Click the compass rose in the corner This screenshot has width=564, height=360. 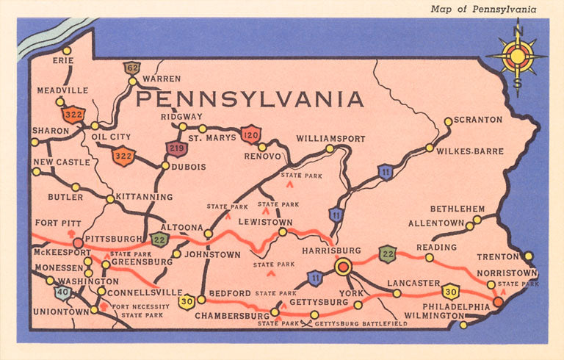click(518, 56)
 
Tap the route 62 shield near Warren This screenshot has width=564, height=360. click(132, 68)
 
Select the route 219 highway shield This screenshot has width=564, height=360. click(176, 148)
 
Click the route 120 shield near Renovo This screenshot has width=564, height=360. click(251, 134)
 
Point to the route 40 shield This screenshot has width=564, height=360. click(63, 293)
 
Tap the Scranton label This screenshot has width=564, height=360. click(478, 119)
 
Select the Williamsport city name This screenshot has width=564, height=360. click(330, 137)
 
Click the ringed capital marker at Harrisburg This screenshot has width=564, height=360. click(343, 267)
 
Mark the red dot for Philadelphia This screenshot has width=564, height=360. click(498, 302)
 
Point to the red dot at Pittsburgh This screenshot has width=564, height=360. click(77, 242)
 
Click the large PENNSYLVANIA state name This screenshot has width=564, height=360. click(250, 98)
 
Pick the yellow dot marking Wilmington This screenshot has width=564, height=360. click(463, 324)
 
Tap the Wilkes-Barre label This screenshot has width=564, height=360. click(470, 151)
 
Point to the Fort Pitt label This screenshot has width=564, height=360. click(57, 223)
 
